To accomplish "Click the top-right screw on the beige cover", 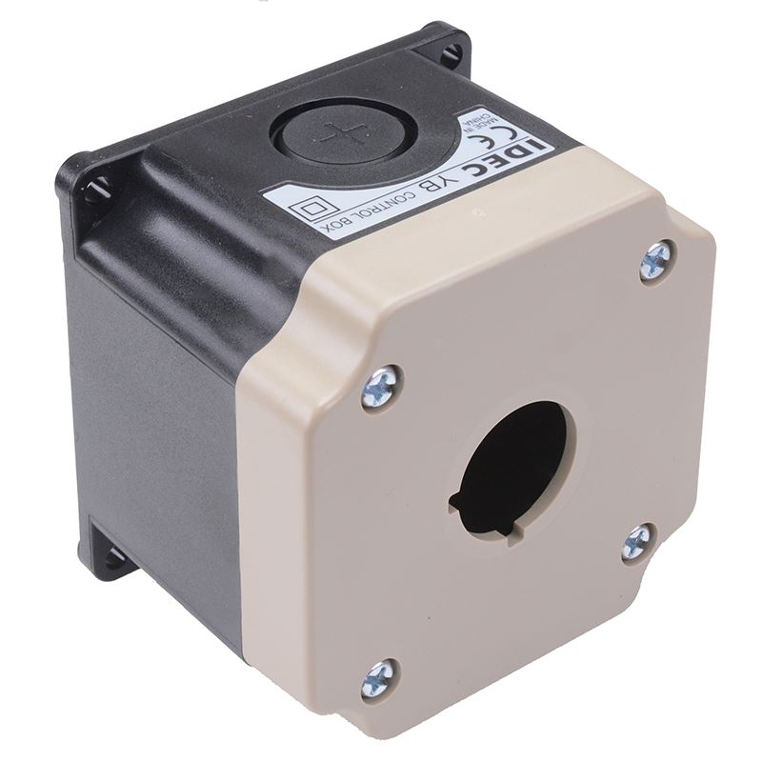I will point(656,259).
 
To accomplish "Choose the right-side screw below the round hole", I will point(636,543).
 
